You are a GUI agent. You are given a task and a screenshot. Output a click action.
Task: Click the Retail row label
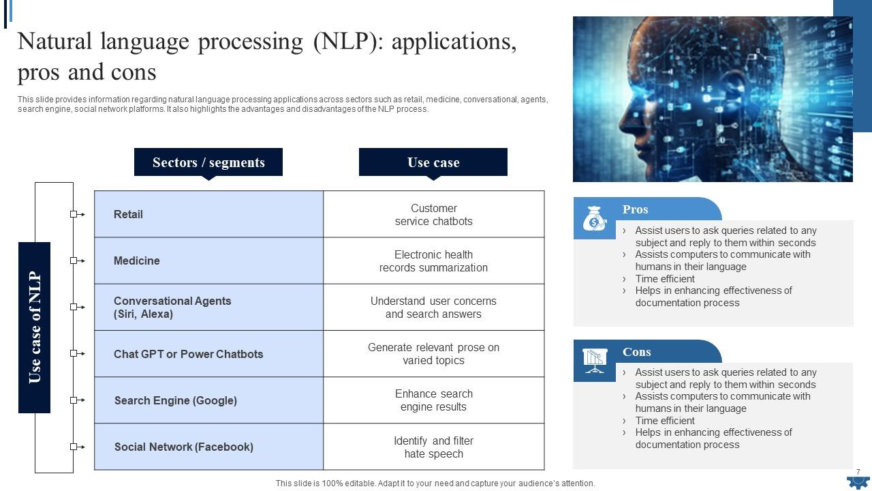(x=129, y=215)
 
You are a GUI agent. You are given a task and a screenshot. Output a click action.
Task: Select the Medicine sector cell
(x=137, y=261)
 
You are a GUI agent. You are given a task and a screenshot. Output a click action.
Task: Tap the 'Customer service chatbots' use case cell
(x=433, y=215)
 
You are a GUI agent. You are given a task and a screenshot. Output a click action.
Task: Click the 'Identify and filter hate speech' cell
(x=433, y=447)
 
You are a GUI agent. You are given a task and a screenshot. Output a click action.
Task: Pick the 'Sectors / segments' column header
(x=208, y=162)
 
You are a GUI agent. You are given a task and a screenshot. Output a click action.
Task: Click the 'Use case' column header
(x=433, y=162)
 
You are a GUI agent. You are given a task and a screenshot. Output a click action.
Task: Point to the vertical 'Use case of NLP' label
(x=34, y=327)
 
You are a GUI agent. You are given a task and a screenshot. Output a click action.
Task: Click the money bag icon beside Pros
(x=594, y=220)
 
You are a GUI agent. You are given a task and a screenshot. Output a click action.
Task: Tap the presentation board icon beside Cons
(x=594, y=360)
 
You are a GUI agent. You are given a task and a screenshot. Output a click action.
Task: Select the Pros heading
(x=635, y=209)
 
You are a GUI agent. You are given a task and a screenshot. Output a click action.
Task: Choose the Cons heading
(x=636, y=352)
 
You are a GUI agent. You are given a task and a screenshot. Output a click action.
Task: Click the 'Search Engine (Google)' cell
(x=176, y=401)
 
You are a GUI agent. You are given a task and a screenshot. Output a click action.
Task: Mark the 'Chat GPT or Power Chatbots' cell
(x=188, y=355)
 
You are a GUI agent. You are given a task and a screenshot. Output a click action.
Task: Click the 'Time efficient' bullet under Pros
(x=665, y=279)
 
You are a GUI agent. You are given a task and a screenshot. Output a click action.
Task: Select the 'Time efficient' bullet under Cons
(x=665, y=421)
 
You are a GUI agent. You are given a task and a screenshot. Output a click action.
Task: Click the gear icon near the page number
(x=858, y=481)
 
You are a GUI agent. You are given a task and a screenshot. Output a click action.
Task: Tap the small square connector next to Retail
(x=74, y=214)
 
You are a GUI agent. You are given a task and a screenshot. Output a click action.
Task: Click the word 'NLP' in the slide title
(x=345, y=42)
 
